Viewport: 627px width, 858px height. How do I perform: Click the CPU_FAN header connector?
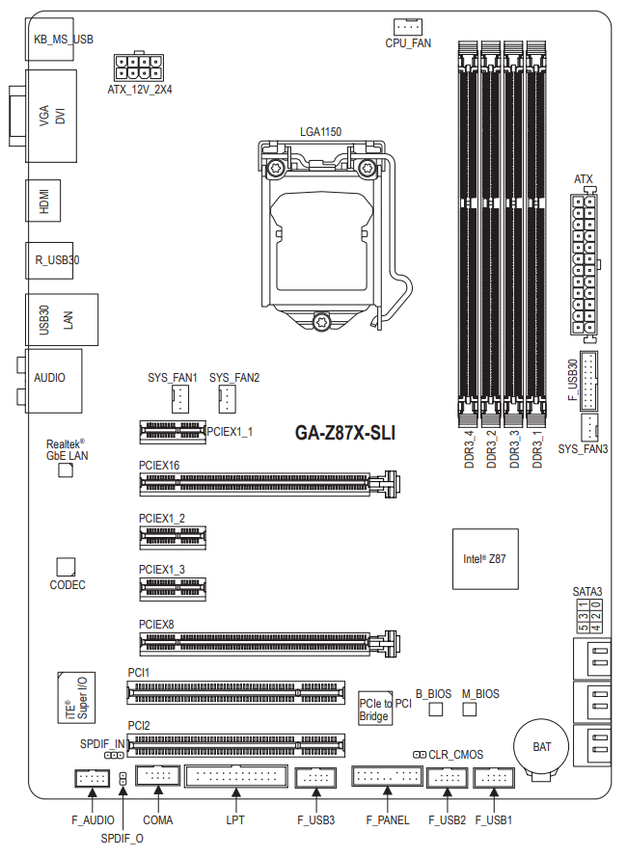[407, 26]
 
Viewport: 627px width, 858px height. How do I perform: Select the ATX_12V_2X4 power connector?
[139, 67]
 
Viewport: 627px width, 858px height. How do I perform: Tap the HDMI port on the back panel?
[43, 201]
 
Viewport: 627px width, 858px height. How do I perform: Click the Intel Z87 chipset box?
[485, 559]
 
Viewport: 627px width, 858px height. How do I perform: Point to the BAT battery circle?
[541, 746]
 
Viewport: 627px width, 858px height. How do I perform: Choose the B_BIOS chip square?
[435, 710]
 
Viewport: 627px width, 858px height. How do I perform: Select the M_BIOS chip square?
[470, 710]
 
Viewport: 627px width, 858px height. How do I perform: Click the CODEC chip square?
[66, 567]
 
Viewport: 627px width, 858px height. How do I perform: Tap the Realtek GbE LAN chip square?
[66, 469]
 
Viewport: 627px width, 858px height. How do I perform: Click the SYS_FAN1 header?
[180, 399]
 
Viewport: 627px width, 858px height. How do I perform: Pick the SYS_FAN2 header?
[228, 399]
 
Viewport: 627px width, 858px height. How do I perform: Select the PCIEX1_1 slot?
[173, 432]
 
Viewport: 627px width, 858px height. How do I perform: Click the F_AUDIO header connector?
[92, 778]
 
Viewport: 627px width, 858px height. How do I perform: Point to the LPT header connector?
[236, 776]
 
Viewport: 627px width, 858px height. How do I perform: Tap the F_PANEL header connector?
[387, 776]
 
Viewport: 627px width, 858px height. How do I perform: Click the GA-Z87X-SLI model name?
[345, 433]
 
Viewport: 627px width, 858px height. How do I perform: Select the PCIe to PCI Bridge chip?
[375, 709]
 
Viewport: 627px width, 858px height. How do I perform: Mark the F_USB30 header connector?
[588, 381]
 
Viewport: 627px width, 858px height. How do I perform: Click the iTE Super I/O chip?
[76, 698]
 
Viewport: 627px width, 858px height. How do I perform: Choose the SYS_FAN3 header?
[588, 427]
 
